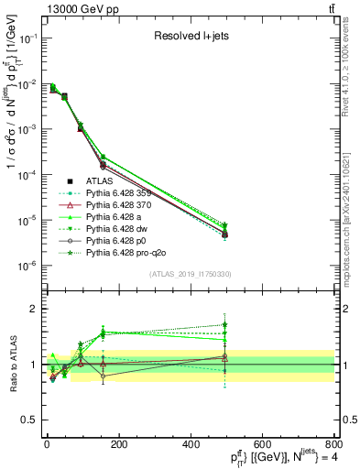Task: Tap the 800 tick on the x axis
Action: (333, 442)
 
